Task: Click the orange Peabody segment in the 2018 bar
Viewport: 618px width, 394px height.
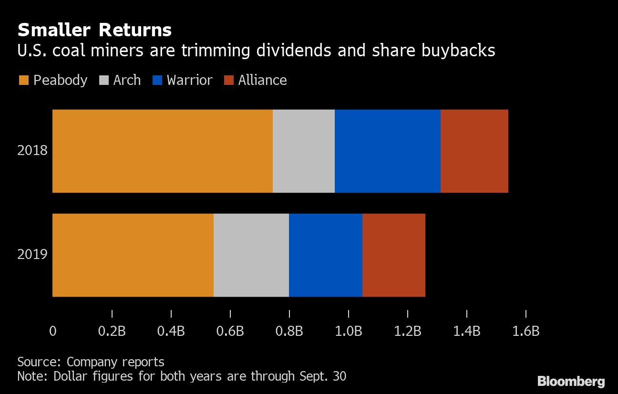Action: click(x=162, y=151)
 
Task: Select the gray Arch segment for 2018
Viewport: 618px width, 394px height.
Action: click(x=303, y=151)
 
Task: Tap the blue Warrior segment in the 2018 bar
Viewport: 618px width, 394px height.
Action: click(x=387, y=151)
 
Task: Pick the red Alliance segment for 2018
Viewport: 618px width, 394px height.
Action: click(x=474, y=151)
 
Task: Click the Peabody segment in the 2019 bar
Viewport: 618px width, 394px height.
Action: click(x=133, y=255)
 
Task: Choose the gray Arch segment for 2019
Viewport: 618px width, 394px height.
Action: click(x=251, y=255)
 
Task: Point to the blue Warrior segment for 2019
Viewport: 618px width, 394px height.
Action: click(x=325, y=255)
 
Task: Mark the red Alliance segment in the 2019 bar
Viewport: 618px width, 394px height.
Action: click(x=393, y=255)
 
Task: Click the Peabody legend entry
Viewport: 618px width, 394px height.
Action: click(x=53, y=80)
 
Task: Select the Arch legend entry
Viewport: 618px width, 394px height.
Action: click(x=120, y=80)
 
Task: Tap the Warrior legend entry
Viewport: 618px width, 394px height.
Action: click(x=182, y=80)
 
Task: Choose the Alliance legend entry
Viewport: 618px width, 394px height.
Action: click(x=256, y=80)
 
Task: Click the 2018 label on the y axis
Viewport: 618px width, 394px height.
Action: click(x=32, y=151)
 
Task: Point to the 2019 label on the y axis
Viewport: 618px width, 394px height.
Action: click(x=32, y=255)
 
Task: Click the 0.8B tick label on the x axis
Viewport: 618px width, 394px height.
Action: click(x=289, y=331)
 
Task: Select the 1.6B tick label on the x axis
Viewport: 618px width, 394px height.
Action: click(x=525, y=331)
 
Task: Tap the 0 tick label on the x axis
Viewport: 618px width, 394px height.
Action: click(x=52, y=331)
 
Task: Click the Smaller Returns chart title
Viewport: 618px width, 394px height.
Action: click(x=94, y=30)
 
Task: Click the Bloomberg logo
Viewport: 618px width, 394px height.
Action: click(x=571, y=381)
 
